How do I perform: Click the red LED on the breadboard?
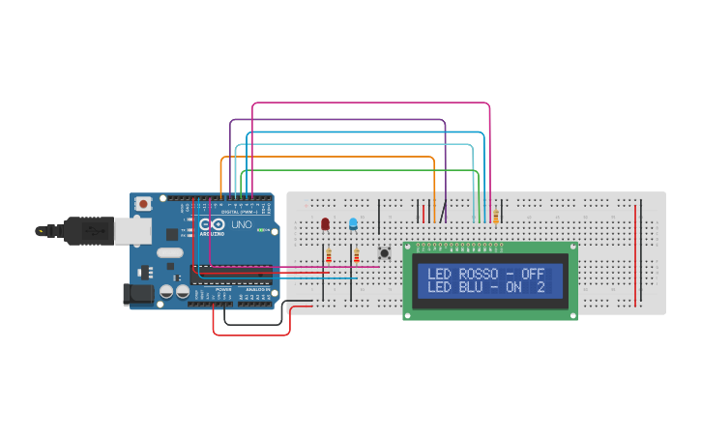325,223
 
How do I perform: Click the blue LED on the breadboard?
353,223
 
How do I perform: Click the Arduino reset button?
143,204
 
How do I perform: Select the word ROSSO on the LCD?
479,274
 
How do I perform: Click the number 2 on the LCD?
540,287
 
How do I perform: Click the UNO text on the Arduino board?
241,225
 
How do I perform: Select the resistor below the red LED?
329,255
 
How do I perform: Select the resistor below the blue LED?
356,255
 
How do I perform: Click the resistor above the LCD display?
496,217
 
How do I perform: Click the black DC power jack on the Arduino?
138,293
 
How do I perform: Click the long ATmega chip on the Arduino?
232,275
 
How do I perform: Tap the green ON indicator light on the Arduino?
260,229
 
